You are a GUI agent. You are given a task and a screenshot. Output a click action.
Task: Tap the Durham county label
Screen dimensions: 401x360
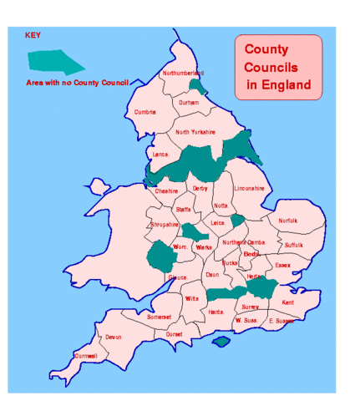[189, 103]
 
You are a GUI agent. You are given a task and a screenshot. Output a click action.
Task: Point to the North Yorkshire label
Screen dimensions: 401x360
[195, 132]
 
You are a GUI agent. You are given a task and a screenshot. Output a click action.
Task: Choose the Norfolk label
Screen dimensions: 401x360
[287, 221]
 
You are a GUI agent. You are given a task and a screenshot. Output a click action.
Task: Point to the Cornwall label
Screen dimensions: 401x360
[86, 356]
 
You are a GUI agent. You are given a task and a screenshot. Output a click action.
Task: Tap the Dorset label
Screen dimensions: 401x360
[174, 334]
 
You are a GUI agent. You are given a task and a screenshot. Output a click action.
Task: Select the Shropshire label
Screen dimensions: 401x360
[164, 225]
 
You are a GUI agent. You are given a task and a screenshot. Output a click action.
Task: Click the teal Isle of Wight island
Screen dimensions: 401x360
[221, 342]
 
